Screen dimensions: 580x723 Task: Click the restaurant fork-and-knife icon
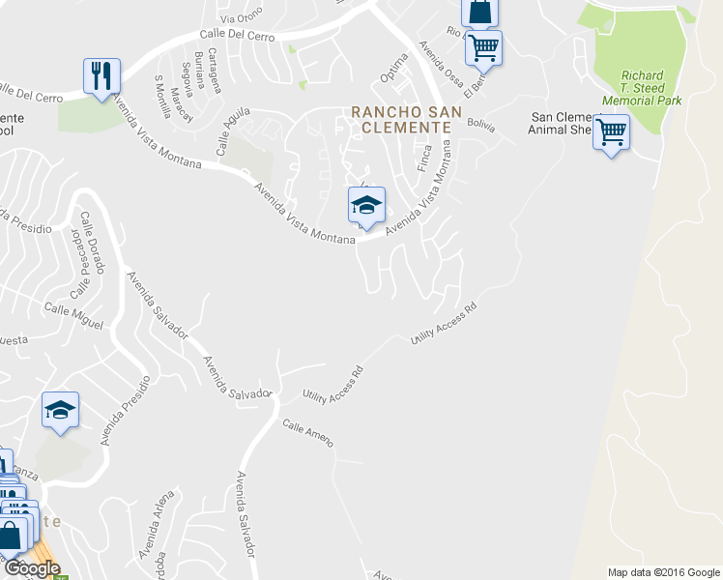click(x=101, y=74)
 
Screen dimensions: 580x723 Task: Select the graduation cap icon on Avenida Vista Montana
click(x=366, y=206)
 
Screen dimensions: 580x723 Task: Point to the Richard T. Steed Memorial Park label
click(x=642, y=88)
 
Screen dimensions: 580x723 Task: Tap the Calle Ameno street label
click(x=308, y=432)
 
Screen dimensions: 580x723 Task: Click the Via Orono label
click(x=241, y=18)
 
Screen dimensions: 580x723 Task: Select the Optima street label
click(x=394, y=68)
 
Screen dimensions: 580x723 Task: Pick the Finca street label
click(x=423, y=158)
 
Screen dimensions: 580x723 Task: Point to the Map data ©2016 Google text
click(x=662, y=572)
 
